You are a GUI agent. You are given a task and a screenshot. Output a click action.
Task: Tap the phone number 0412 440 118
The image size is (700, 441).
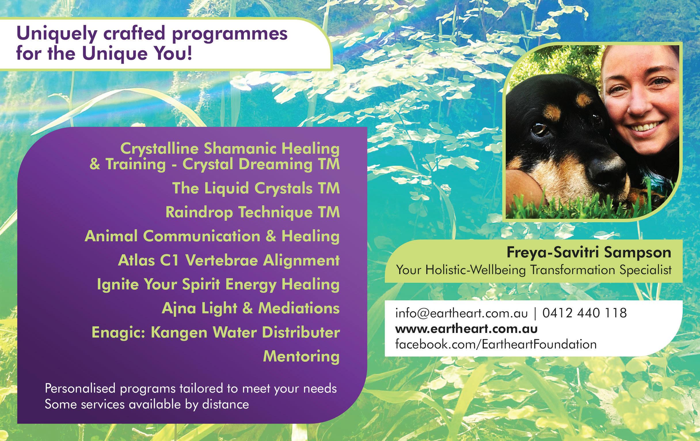click(585, 313)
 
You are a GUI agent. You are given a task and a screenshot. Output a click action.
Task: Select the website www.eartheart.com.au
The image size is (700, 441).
click(467, 329)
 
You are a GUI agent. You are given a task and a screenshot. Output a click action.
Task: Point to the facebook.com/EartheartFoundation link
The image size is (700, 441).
click(496, 344)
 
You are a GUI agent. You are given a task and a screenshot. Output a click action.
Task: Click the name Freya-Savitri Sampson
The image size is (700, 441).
click(589, 252)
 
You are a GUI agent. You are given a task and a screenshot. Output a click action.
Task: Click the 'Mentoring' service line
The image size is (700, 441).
click(301, 356)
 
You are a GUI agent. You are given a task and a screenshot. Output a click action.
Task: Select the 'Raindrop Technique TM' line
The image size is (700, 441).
click(253, 212)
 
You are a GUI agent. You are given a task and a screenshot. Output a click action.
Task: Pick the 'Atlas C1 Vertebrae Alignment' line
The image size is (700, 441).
click(229, 260)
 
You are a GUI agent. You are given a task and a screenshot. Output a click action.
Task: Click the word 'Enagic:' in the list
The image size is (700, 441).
click(119, 332)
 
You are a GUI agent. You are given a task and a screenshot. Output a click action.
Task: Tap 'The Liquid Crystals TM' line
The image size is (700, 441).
click(256, 188)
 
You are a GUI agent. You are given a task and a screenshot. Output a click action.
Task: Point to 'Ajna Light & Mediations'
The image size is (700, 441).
click(251, 308)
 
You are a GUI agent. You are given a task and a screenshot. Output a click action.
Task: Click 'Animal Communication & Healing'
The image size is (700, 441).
click(212, 236)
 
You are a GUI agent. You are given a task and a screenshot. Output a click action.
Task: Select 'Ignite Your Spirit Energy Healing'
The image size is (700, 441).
click(218, 284)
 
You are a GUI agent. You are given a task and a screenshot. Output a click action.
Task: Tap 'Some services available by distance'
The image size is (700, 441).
click(147, 405)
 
